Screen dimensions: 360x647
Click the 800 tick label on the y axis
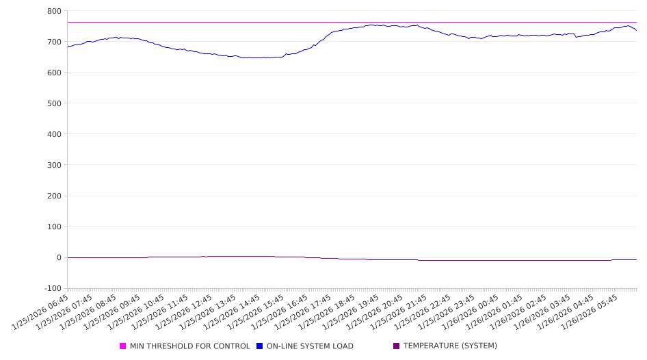(x=54, y=11)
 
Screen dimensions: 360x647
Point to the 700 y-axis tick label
(x=54, y=42)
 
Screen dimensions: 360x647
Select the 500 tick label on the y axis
(x=54, y=103)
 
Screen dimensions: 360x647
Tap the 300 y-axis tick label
(x=54, y=165)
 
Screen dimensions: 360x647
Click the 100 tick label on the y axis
(x=54, y=227)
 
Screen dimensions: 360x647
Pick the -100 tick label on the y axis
(x=52, y=288)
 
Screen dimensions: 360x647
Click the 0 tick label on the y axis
(x=59, y=257)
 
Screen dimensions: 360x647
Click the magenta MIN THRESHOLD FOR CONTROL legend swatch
(x=123, y=346)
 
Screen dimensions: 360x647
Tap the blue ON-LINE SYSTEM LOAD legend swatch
(x=260, y=346)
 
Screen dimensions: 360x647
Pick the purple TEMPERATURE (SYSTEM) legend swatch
(x=397, y=346)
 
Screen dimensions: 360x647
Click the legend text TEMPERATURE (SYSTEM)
(x=450, y=346)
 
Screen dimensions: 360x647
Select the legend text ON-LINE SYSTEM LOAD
(x=310, y=346)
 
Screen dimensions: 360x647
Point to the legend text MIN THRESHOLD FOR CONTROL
(x=190, y=346)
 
